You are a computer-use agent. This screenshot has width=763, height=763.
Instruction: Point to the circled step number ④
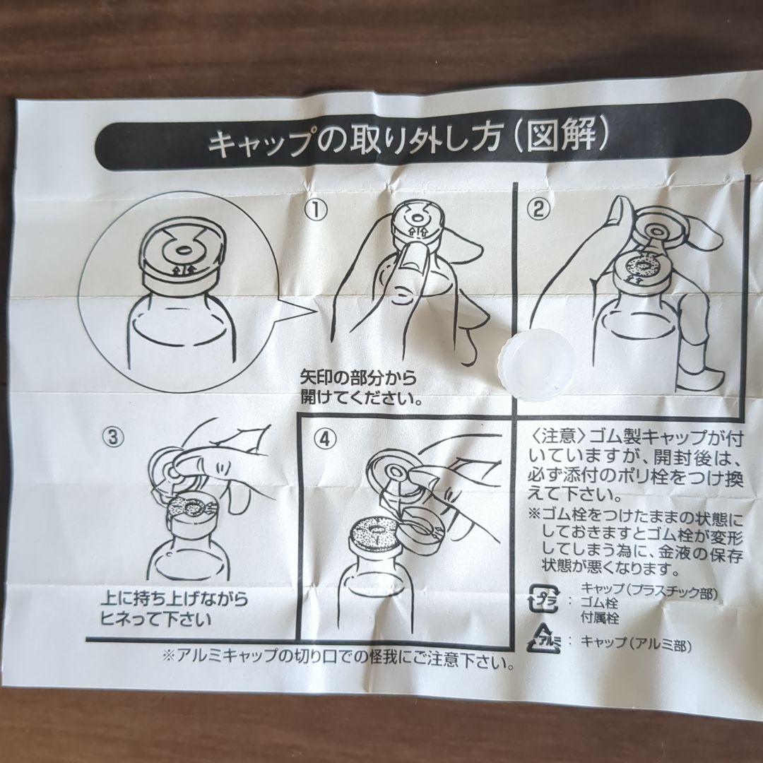click(324, 438)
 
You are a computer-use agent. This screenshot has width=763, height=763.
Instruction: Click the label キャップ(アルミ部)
click(635, 643)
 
